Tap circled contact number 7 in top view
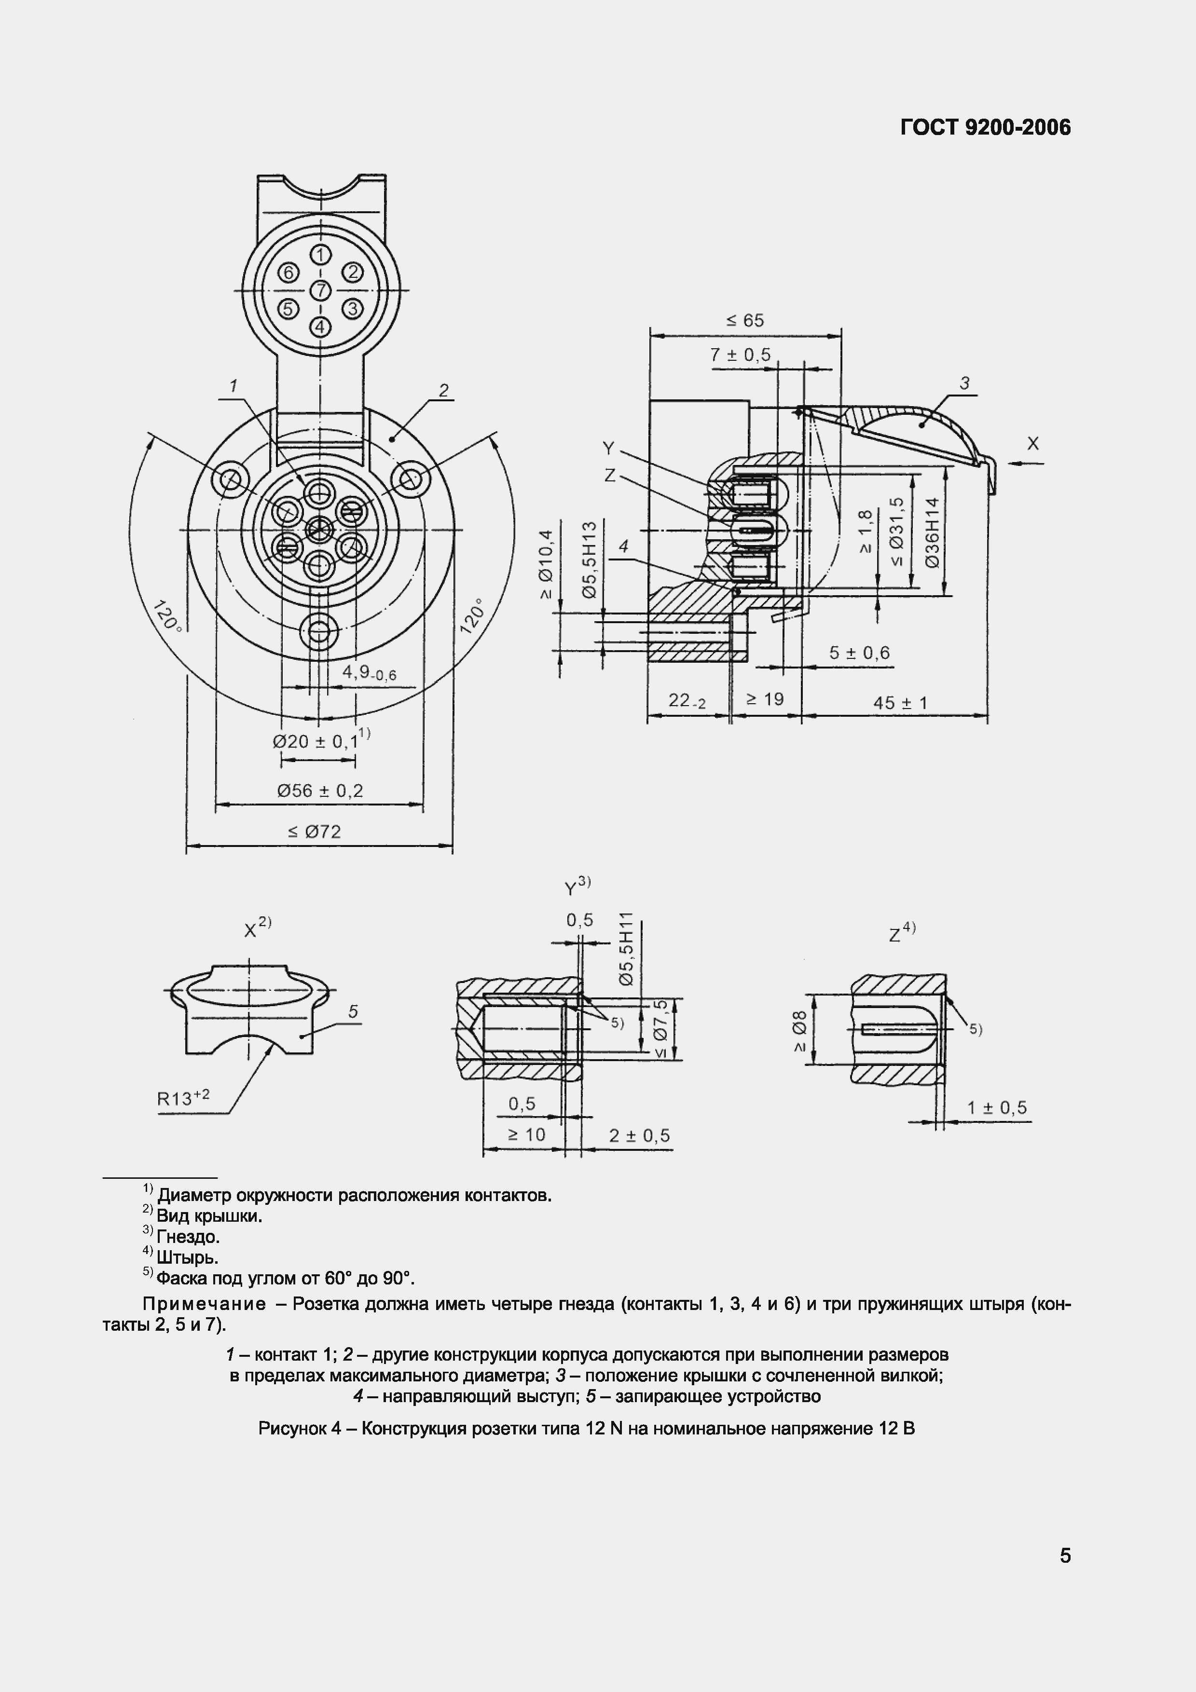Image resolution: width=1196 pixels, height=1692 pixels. (320, 290)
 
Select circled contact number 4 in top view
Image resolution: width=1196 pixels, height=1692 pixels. (320, 325)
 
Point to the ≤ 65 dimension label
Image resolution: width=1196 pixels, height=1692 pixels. (745, 321)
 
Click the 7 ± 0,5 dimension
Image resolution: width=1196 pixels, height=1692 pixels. (740, 355)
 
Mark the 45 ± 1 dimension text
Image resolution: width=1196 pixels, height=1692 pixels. (900, 703)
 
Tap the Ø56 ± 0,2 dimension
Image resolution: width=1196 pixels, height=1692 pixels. (320, 791)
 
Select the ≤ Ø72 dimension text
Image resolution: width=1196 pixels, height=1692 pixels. (315, 832)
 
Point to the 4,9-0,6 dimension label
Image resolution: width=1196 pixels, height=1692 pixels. (369, 673)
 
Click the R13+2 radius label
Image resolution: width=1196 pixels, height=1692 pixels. (183, 1098)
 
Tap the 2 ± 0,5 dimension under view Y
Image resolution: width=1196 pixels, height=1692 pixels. (639, 1135)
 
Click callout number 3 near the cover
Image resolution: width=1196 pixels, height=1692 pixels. (964, 383)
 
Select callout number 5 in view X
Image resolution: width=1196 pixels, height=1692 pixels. (353, 1012)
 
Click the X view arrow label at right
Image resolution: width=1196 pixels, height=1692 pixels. (1032, 444)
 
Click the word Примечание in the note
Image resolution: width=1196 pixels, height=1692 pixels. (204, 1304)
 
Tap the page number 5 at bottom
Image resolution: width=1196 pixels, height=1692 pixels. (1065, 1556)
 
